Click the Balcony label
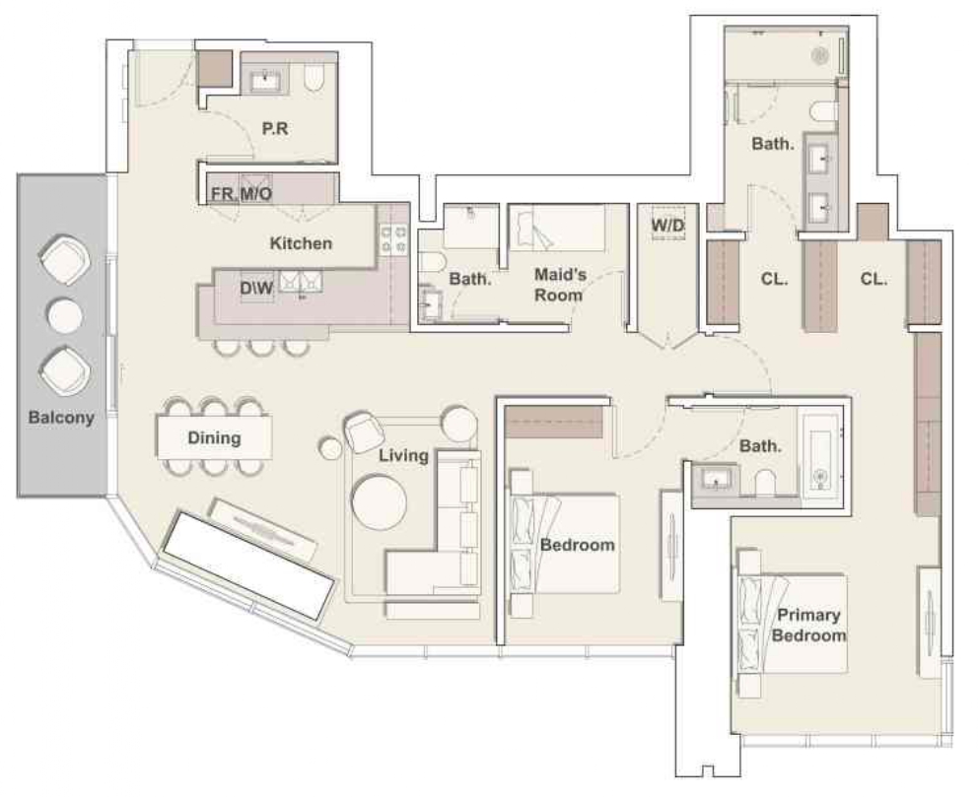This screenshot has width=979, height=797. (61, 418)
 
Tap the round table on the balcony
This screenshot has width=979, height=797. (64, 316)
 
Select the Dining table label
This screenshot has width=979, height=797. (214, 437)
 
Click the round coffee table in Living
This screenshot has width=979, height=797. (379, 503)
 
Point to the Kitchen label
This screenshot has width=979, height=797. (301, 243)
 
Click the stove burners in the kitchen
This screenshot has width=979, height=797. (394, 239)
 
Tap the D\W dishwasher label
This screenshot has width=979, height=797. (256, 288)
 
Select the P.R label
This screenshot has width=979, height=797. (275, 129)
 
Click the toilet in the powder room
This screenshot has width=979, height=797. (315, 77)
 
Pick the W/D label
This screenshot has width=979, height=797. (668, 225)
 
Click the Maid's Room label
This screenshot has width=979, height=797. (559, 285)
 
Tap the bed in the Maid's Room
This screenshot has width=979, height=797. (558, 229)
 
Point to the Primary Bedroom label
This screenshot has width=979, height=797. (808, 626)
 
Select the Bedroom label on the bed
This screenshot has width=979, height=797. (577, 545)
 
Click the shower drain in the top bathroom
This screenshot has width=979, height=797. (819, 56)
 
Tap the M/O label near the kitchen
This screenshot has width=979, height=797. (256, 194)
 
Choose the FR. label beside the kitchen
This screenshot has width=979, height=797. (224, 194)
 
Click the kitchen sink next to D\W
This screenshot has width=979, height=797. (301, 282)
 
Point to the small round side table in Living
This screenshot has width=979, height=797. (330, 448)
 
